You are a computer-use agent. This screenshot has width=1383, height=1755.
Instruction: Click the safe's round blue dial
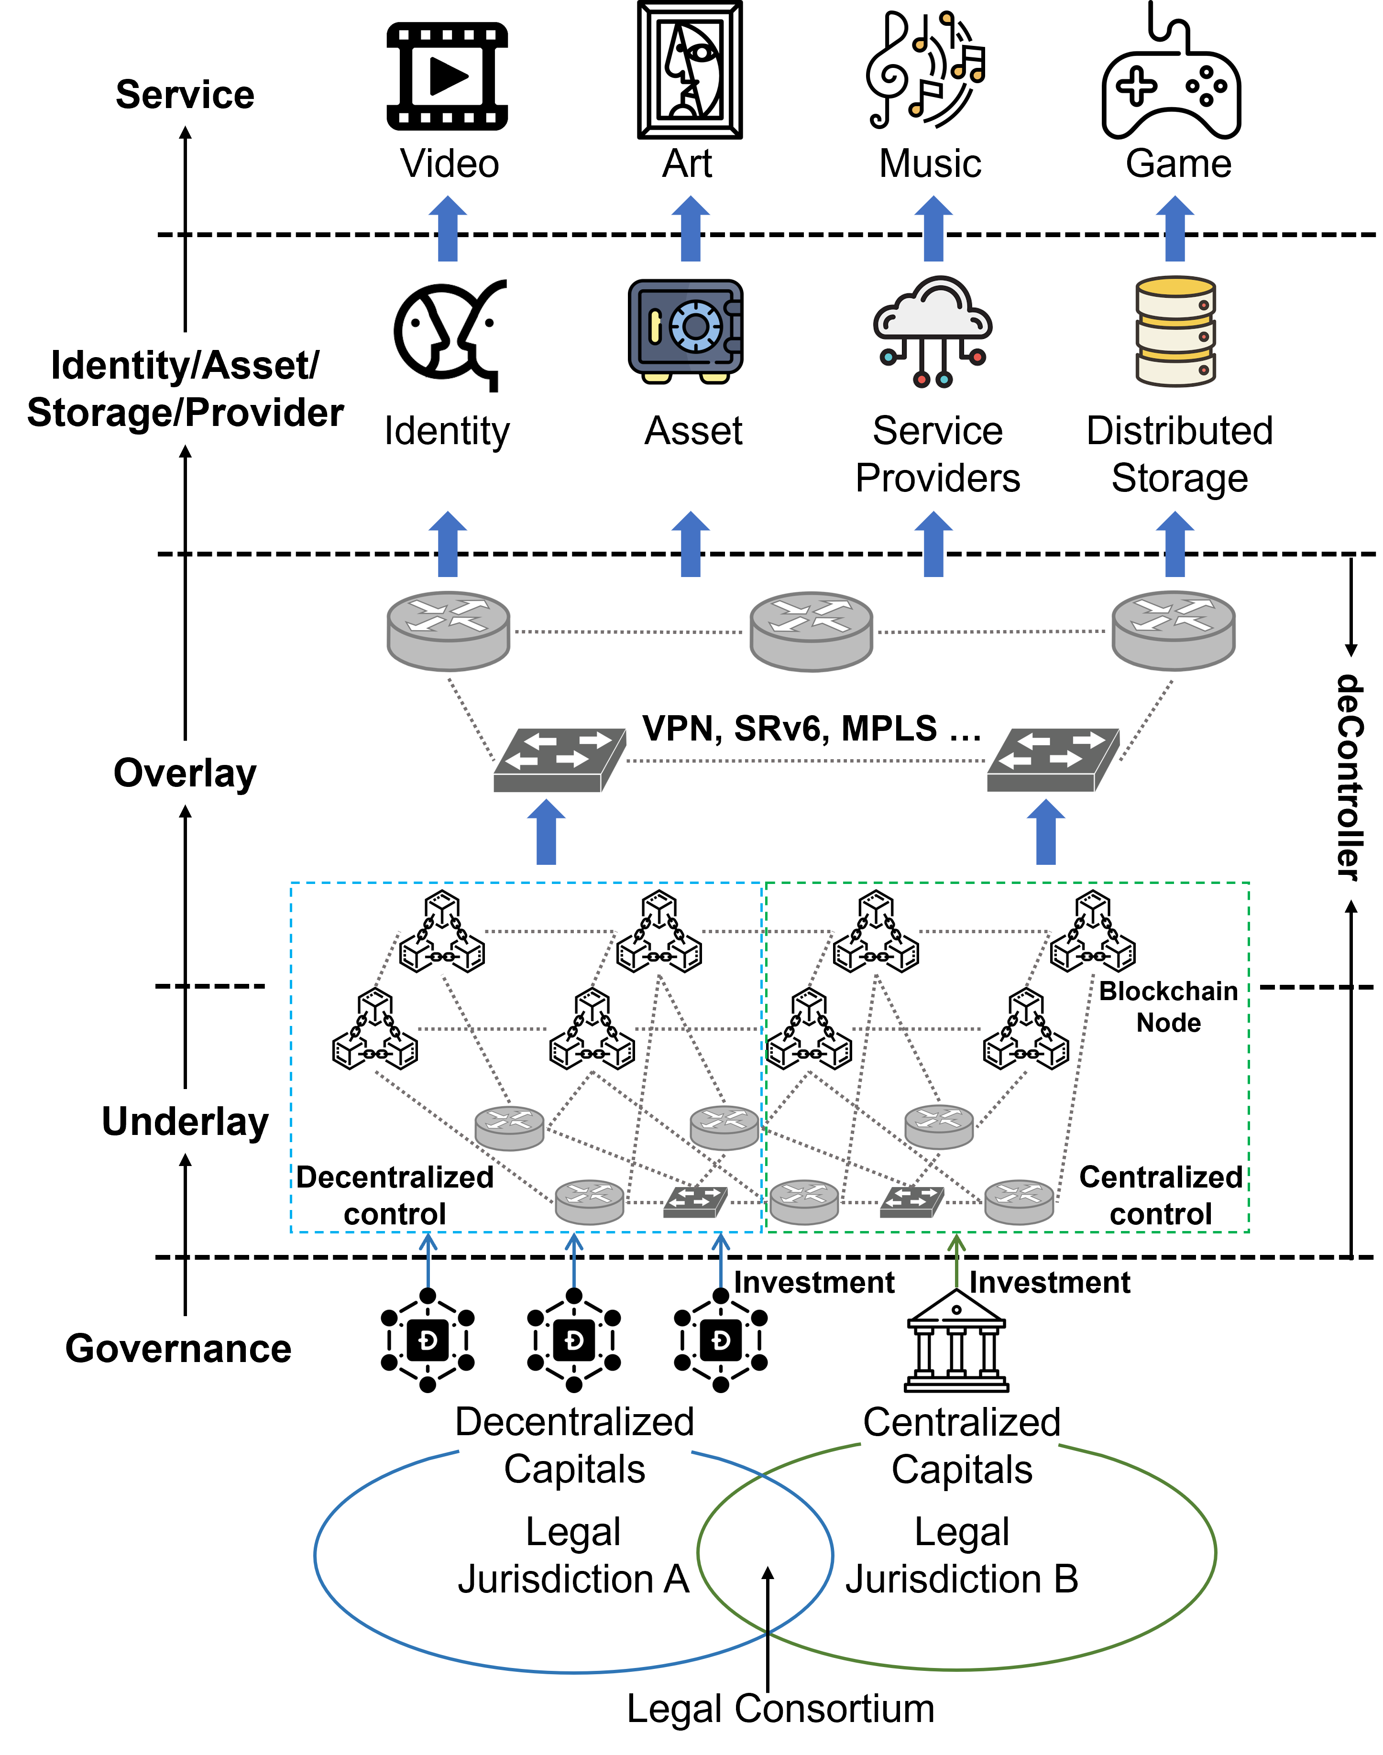point(695,326)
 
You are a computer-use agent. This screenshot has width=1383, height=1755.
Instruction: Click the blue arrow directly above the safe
point(691,229)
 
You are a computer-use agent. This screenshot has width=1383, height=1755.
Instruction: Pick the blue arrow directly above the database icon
point(1175,229)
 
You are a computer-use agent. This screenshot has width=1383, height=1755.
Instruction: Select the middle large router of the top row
point(812,632)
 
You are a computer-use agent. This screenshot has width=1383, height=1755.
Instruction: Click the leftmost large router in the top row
point(449,632)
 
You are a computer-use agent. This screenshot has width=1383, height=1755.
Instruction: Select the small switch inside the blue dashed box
point(695,1201)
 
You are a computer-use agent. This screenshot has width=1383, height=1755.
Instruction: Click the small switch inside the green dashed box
point(912,1201)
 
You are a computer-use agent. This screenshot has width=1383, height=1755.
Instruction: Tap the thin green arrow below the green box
point(957,1260)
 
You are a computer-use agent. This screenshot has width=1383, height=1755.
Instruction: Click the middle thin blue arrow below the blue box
point(574,1260)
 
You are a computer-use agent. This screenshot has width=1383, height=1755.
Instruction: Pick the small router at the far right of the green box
point(1019,1201)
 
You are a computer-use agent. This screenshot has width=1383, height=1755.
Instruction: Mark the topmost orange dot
point(946,18)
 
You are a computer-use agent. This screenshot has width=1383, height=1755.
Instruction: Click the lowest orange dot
point(916,109)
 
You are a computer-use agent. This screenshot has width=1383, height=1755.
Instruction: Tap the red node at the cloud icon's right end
point(978,356)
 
